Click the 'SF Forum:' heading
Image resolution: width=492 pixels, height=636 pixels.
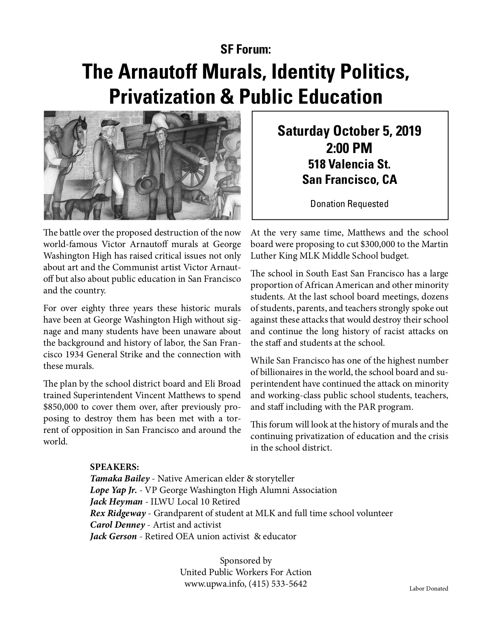246,49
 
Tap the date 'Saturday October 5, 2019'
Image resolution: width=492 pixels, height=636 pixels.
349,131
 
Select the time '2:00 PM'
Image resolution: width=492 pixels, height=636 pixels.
349,148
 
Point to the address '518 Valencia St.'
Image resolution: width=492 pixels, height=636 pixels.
349,165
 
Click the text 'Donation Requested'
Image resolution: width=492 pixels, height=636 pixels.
349,204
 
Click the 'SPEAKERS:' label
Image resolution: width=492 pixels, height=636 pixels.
114,467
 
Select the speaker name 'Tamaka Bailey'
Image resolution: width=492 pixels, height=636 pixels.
120,479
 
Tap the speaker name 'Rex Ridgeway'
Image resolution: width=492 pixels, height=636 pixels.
118,513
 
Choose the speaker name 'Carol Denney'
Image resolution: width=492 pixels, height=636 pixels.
117,525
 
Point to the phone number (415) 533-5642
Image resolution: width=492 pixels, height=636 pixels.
278,584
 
